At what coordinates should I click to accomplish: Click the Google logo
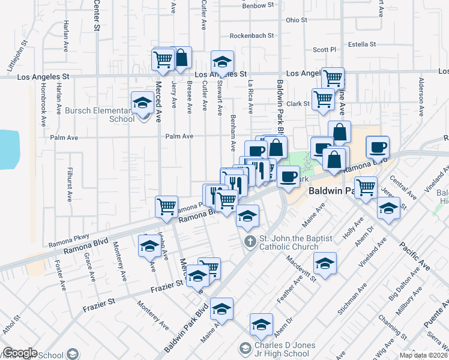[20, 353]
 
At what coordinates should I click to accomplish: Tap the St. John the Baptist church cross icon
[250, 242]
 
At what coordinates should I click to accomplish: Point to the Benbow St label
[258, 5]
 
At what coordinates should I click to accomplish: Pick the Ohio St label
[297, 20]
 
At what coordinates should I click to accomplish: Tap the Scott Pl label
[325, 50]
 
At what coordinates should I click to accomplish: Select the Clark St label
[297, 104]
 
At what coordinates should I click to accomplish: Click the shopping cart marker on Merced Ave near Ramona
[166, 206]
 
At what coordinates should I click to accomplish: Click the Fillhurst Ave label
[70, 184]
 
